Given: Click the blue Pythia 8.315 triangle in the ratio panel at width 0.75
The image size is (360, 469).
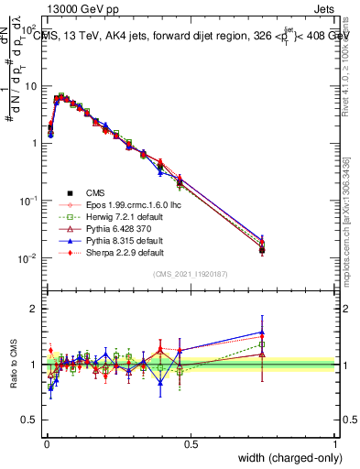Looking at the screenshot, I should [262, 333].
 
